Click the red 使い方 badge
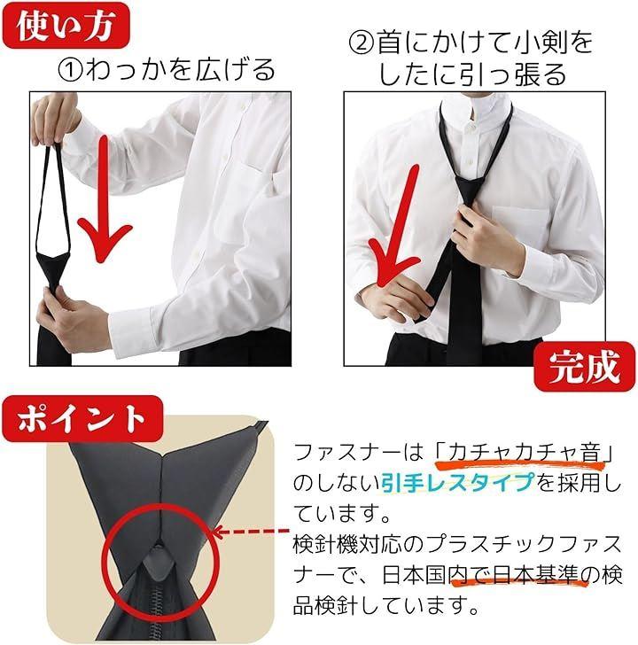[x=66, y=26]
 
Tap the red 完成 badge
[x=585, y=367]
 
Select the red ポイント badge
[x=82, y=419]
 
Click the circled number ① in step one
[x=71, y=70]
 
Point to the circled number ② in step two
[x=362, y=43]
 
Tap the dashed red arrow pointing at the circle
[x=252, y=532]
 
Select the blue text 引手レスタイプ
[x=458, y=483]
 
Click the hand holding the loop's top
[x=53, y=120]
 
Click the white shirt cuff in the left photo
[x=131, y=329]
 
